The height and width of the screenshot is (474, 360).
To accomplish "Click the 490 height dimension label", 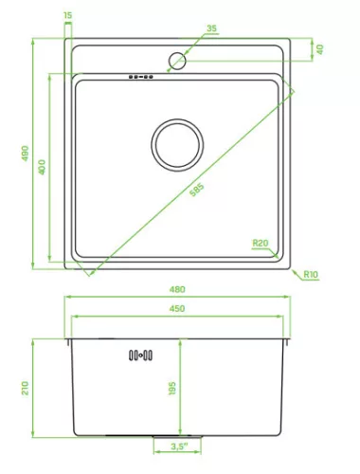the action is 25,154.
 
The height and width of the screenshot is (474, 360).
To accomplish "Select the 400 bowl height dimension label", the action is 42,167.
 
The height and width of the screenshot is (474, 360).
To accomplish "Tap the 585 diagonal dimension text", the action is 197,190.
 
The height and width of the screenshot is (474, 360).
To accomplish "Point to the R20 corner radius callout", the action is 261,243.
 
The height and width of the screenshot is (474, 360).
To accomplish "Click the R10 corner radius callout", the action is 311,274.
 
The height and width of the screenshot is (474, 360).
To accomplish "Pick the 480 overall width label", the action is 177,289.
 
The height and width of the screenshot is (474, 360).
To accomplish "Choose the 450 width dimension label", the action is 177,308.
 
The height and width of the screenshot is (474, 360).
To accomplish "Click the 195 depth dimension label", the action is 172,389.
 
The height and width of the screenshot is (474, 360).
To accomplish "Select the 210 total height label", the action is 25,388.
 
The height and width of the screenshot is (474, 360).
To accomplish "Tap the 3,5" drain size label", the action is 179,447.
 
